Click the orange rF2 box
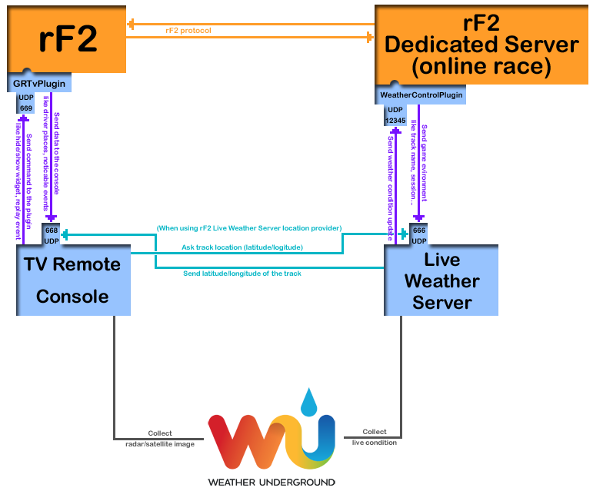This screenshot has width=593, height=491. click(66, 38)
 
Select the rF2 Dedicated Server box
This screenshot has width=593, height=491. click(481, 42)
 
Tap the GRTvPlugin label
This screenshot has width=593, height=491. click(39, 83)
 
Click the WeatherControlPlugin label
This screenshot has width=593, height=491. click(421, 95)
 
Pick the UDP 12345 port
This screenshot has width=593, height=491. click(395, 116)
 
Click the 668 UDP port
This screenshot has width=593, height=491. click(52, 235)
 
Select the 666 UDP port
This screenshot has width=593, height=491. click(419, 235)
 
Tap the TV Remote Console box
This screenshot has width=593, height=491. click(73, 280)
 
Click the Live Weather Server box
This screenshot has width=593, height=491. click(441, 280)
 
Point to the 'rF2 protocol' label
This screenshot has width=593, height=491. click(188, 31)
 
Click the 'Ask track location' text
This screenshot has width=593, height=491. click(242, 247)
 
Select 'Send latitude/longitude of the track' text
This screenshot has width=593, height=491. click(242, 274)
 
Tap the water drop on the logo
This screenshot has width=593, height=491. click(308, 401)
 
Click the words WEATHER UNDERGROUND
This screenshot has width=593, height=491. click(272, 483)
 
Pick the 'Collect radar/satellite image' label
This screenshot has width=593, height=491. click(160, 438)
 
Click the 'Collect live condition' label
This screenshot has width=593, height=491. click(375, 437)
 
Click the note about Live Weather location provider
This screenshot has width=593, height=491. click(248, 228)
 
